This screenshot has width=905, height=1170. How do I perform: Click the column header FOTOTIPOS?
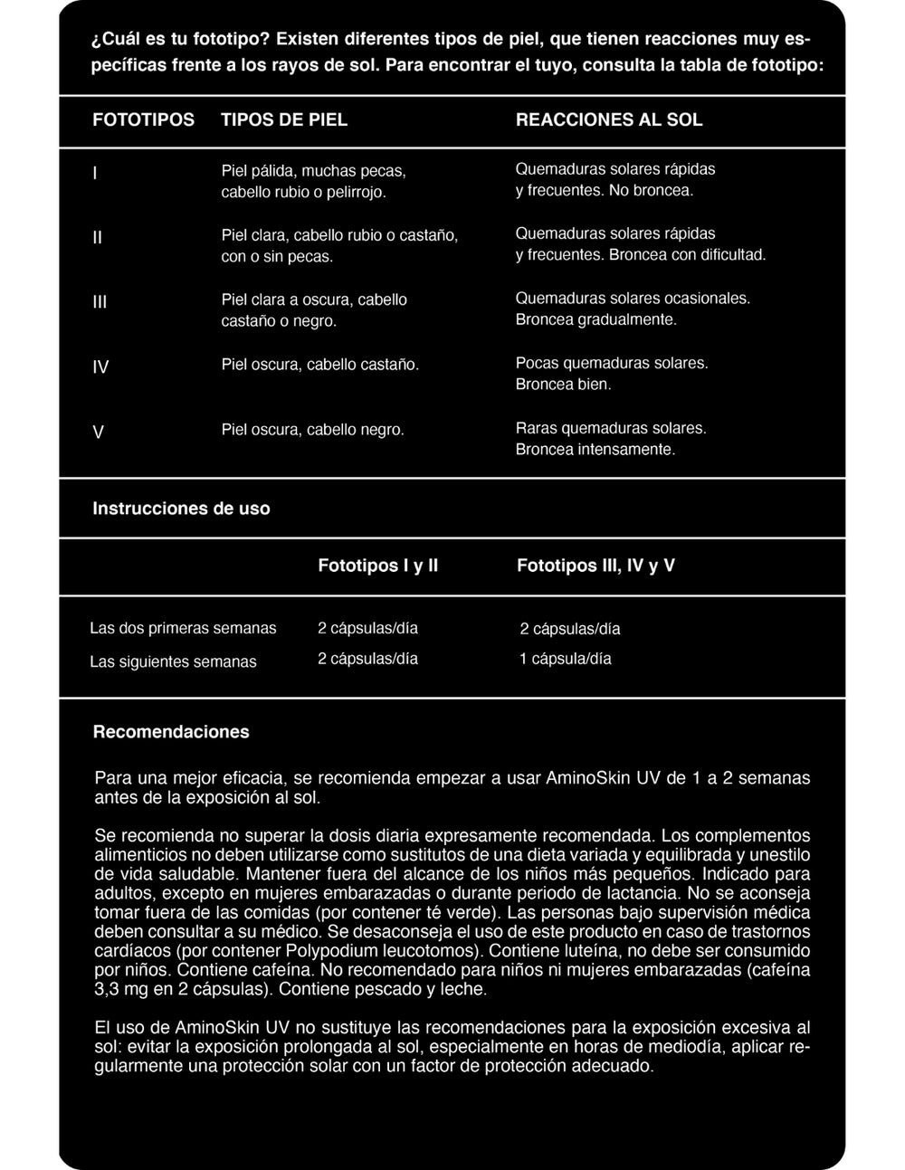point(143,119)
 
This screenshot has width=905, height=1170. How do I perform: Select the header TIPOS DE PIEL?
point(284,119)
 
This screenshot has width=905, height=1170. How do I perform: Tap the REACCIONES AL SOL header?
point(609,119)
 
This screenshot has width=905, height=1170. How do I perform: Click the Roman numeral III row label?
point(100,302)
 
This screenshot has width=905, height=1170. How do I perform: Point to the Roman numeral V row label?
point(98,433)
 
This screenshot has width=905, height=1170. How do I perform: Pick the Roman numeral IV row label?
point(100,367)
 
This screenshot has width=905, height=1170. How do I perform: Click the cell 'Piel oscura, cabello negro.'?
point(313,430)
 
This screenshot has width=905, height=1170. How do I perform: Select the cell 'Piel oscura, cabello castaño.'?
point(320,365)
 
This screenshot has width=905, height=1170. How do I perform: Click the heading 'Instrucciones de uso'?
point(181,509)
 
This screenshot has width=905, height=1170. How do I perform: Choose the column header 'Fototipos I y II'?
point(378,566)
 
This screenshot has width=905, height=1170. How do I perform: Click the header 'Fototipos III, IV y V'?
point(595,566)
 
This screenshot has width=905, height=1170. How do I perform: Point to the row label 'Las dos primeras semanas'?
point(183,628)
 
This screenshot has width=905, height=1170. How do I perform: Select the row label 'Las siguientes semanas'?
point(173,661)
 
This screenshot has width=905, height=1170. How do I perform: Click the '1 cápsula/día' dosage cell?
point(565,659)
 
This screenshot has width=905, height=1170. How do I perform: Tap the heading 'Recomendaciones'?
point(171,731)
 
